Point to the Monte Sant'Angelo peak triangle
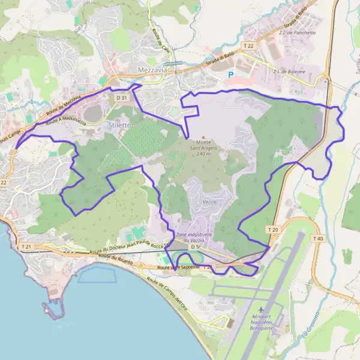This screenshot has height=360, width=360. (x=203, y=137)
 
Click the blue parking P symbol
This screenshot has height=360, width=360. (x=230, y=74)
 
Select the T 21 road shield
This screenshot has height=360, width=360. (x=26, y=247)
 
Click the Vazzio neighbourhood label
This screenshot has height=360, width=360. (x=209, y=202)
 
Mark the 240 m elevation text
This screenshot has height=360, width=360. (x=204, y=154)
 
